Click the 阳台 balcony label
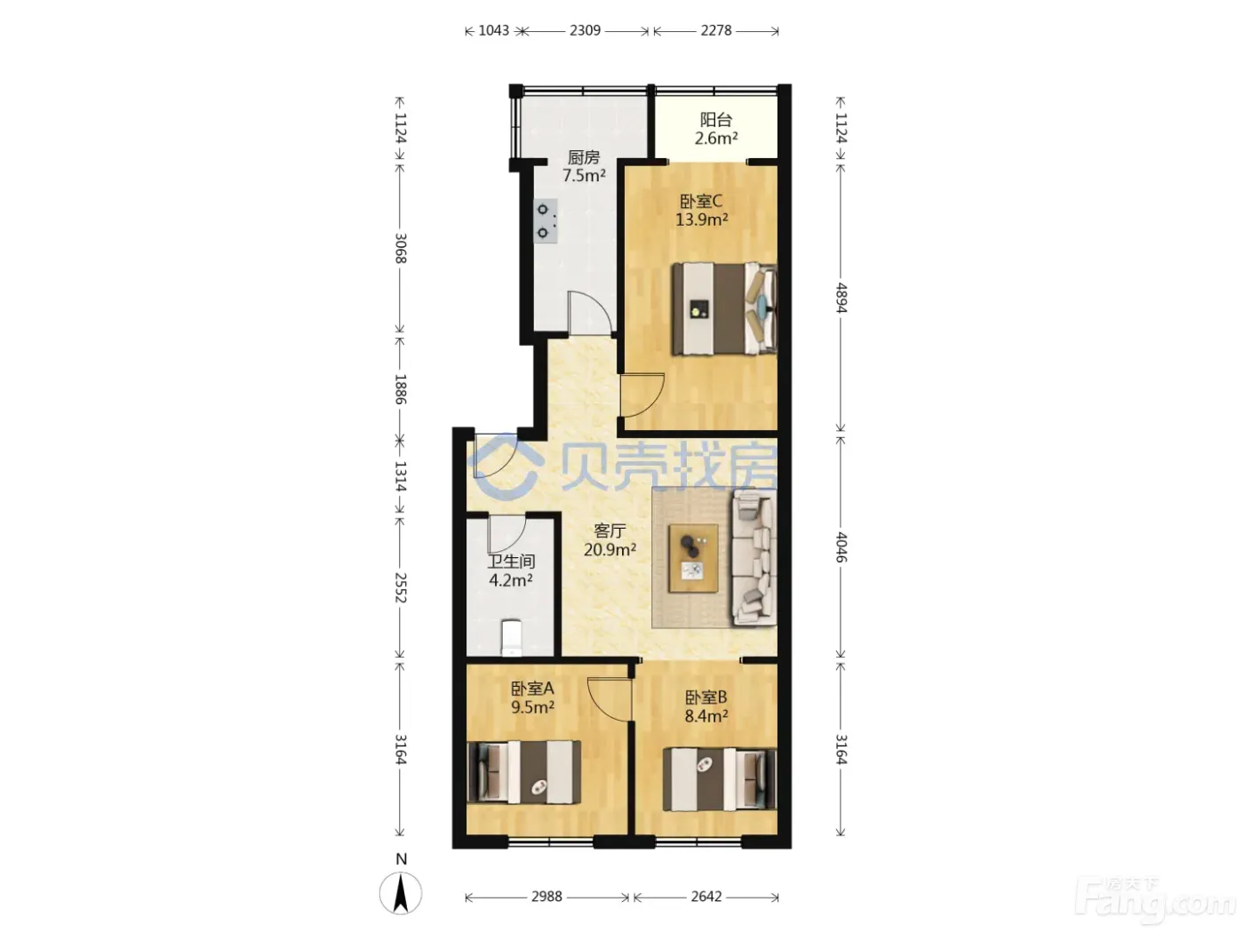tap(716, 120)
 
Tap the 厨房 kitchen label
tap(584, 157)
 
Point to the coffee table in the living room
tap(693, 559)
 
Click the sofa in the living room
tap(754, 557)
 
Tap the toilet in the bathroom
tap(511, 638)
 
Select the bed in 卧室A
tap(524, 772)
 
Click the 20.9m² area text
tap(610, 549)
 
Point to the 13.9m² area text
tap(702, 219)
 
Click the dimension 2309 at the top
tap(585, 30)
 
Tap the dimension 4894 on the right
tap(841, 298)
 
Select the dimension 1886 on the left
tap(400, 389)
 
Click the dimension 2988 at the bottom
tap(546, 897)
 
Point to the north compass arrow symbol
tap(401, 894)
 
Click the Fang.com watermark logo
tap(1155, 902)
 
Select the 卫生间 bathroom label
tap(511, 562)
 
